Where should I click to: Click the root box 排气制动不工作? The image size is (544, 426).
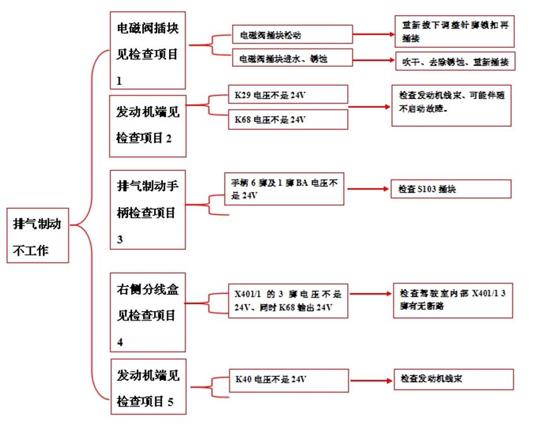tap(37, 234)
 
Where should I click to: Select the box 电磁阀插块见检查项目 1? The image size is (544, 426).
tap(148, 51)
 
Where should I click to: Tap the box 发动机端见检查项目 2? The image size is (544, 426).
tap(148, 126)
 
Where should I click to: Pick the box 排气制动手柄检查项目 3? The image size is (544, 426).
tap(148, 210)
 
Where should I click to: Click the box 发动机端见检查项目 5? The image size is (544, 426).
tap(148, 386)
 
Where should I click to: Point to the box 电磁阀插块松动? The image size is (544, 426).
tap(292, 33)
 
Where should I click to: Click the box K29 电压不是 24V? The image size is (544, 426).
tap(288, 95)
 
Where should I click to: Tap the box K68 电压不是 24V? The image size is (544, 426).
tap(288, 119)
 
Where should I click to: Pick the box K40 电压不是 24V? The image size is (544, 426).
tap(288, 381)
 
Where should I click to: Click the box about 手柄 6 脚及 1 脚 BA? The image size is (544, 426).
tap(285, 189)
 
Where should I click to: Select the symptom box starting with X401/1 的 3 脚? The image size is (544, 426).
tap(288, 301)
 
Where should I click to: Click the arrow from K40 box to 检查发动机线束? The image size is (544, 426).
tap(370, 381)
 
